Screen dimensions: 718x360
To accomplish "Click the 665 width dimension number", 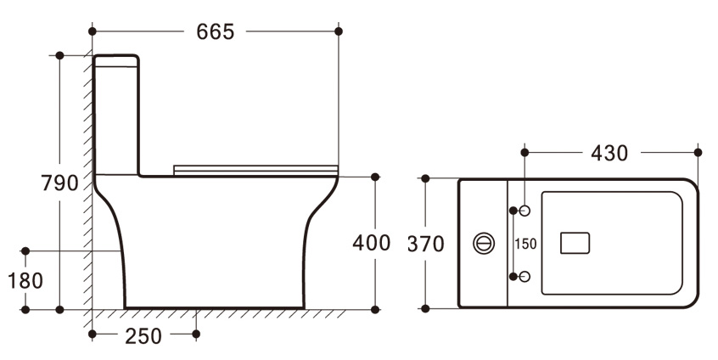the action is [216, 31].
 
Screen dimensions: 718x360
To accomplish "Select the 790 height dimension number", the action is [60, 183].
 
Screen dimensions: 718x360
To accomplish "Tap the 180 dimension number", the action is [25, 280].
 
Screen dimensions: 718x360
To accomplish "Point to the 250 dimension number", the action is [143, 336].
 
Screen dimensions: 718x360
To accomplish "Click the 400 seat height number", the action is [372, 243].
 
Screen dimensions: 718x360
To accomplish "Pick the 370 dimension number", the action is [426, 245].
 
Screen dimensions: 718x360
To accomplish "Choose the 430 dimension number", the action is [609, 153].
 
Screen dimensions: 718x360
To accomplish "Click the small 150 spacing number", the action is [525, 244].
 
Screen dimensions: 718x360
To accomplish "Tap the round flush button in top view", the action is [484, 243].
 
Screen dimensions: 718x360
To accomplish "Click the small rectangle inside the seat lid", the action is [575, 243].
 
